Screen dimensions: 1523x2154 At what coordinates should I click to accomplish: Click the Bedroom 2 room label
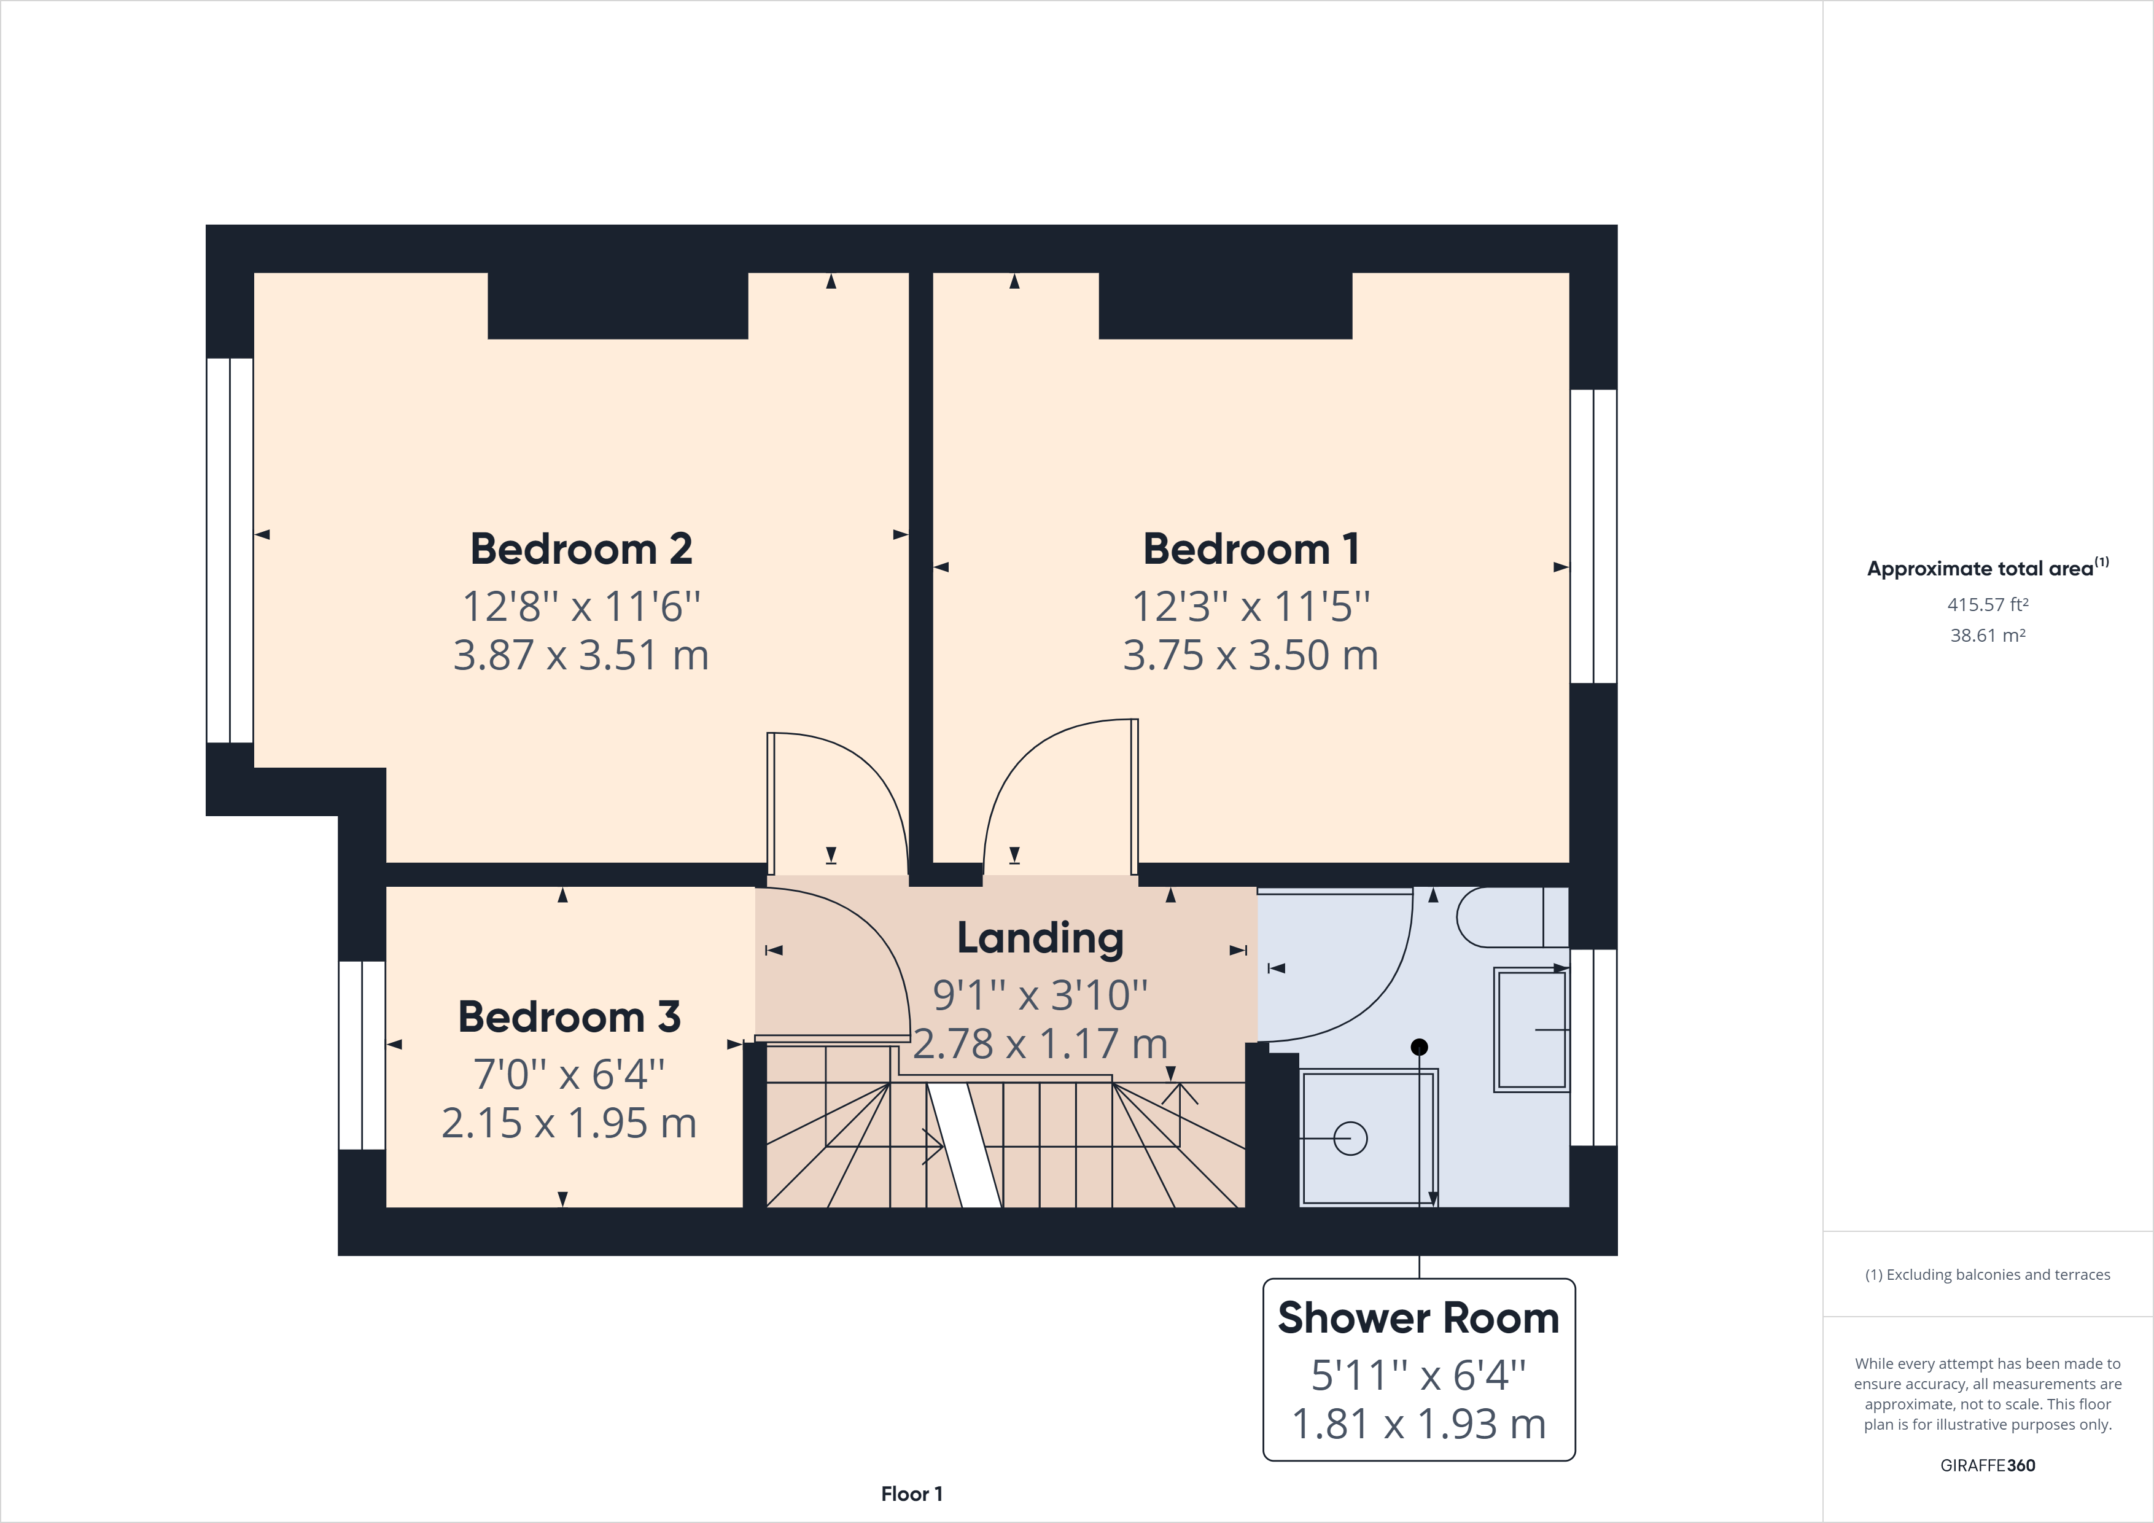[581, 549]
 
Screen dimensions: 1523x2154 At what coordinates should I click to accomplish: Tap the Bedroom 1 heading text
[1251, 549]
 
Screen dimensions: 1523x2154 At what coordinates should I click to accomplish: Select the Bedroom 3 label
[569, 1017]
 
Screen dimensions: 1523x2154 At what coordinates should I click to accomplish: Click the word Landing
[1040, 938]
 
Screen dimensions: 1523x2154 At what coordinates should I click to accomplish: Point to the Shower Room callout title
[1418, 1319]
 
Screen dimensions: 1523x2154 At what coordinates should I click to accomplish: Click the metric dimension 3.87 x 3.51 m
[581, 655]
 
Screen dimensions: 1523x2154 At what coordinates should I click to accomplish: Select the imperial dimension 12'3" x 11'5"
[1251, 606]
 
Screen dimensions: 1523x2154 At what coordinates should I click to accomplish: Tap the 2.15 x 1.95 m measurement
[569, 1123]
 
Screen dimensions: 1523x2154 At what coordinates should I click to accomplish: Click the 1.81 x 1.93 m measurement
[1418, 1425]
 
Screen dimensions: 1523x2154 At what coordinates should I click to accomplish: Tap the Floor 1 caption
[911, 1494]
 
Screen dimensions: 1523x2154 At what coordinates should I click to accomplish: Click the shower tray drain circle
[1350, 1139]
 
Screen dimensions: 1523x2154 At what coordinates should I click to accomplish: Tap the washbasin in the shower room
[1531, 1029]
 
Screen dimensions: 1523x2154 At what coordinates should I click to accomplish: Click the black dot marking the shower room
[1420, 1046]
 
